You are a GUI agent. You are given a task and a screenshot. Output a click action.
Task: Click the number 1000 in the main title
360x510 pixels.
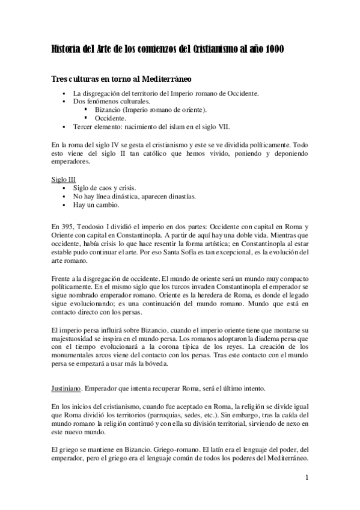click(271, 50)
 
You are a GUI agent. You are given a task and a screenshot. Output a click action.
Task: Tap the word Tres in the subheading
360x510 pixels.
click(59, 80)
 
